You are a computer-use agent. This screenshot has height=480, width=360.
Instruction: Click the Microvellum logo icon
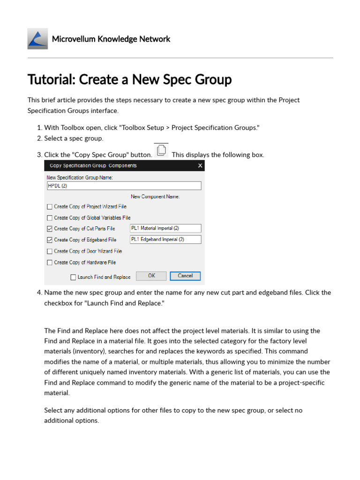pos(37,39)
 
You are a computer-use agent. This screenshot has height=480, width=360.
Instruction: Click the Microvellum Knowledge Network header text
pos(111,39)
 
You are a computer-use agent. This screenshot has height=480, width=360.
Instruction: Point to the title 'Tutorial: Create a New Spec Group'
pos(130,80)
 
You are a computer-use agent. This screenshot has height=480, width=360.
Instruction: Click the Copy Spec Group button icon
pos(161,151)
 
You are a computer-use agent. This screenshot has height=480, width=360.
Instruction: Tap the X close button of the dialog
pos(200,165)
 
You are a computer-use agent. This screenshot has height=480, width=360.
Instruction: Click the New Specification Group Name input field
pos(124,186)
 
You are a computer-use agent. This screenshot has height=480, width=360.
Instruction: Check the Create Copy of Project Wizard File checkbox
pos(50,206)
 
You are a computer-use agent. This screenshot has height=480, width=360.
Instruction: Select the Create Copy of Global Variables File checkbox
pos(50,217)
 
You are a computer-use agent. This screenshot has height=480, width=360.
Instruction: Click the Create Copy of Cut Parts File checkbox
pos(50,229)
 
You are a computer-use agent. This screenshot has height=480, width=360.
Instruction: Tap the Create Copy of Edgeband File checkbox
pos(50,240)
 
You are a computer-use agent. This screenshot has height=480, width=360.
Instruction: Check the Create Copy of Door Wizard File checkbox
pos(50,251)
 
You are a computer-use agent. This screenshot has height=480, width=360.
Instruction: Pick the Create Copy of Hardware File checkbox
pos(50,262)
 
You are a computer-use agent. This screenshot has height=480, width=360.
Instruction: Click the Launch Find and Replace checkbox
pos(73,277)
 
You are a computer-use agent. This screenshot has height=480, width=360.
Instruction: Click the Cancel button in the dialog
pos(185,276)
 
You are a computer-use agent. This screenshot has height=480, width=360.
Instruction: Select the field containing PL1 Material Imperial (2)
pos(165,228)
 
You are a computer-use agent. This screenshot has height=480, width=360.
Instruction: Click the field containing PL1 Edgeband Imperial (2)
pos(165,240)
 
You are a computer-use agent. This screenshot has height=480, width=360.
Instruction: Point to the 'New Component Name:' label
pos(155,197)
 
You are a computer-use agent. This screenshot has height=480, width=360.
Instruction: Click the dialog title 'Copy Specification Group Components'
pos(93,165)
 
